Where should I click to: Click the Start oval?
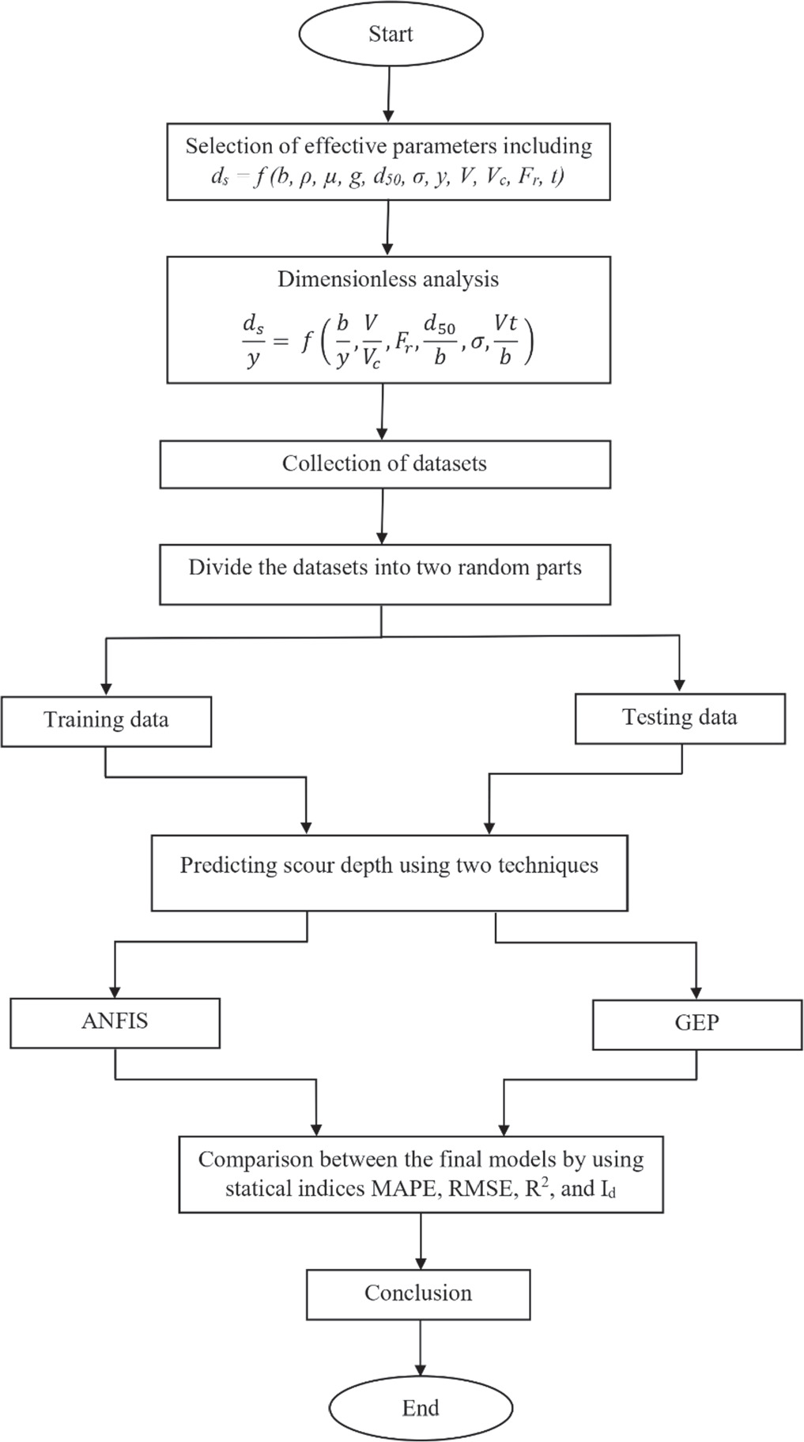tap(390, 34)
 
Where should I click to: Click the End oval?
tap(421, 1407)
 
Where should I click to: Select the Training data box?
tap(106, 720)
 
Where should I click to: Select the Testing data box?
tap(679, 718)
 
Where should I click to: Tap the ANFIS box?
tap(115, 1022)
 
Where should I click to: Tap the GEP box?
tap(696, 1024)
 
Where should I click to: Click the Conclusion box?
tap(417, 1293)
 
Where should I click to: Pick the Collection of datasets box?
tap(384, 464)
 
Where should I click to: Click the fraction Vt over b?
tap(505, 340)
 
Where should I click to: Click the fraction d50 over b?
tap(440, 340)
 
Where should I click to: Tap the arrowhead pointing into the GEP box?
tap(696, 993)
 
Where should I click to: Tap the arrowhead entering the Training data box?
tap(106, 688)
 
